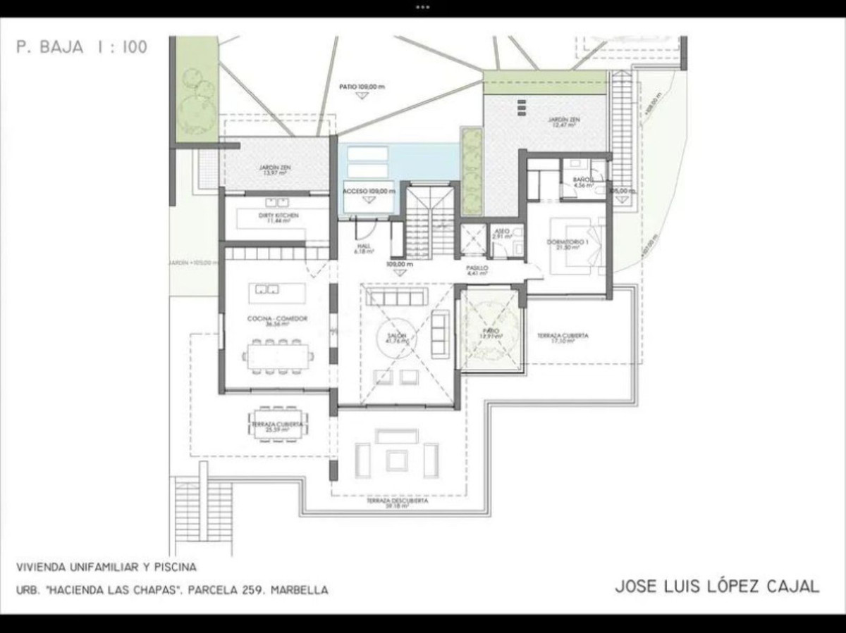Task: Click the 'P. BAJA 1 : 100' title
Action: (82, 48)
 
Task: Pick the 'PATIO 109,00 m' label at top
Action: (362, 87)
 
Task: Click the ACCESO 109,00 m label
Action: (369, 192)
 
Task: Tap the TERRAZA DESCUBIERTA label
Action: (397, 503)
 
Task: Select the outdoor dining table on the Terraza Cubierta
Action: (277, 425)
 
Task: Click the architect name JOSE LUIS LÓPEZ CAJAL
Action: (717, 587)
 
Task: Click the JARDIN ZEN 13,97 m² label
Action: (276, 170)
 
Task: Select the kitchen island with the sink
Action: (277, 293)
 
